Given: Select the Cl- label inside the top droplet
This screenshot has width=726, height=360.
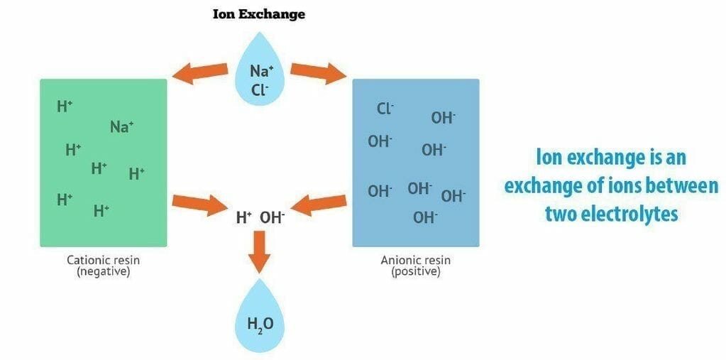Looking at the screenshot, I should [260, 90].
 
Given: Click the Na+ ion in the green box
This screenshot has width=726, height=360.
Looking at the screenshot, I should [122, 127].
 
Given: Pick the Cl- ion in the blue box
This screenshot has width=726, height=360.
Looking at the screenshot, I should [385, 109].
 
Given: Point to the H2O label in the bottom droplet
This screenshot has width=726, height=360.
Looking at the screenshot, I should [260, 325].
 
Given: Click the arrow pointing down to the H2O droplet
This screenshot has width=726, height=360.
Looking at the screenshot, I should [260, 251].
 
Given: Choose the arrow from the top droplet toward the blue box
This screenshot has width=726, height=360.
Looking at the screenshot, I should [317, 72].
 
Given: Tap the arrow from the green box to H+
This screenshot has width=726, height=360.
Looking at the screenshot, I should [199, 204].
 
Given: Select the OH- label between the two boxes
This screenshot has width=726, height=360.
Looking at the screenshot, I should [273, 218].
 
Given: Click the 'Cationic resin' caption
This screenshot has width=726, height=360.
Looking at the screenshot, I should [103, 260].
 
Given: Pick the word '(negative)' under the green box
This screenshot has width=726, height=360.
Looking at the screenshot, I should [103, 271].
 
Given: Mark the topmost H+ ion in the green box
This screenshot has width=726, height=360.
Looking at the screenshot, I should [65, 107].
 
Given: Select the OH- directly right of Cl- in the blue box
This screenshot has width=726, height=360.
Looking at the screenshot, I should [444, 118].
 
